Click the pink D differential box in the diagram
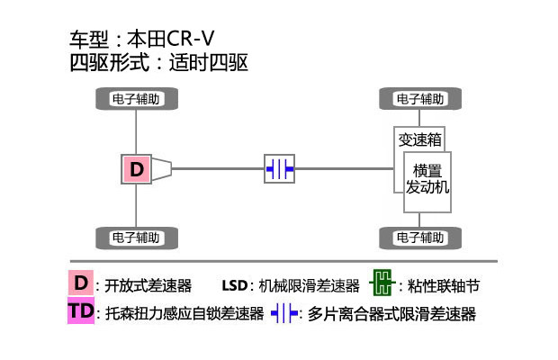(x=136, y=168)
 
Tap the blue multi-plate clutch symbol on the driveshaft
(x=279, y=168)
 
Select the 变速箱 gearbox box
(x=420, y=140)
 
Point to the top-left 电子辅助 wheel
(x=136, y=99)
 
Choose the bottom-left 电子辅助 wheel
(x=136, y=238)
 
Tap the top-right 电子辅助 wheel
(x=420, y=99)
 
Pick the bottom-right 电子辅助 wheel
(x=420, y=238)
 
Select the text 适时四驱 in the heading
(x=211, y=63)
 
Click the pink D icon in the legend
(x=81, y=283)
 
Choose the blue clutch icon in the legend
(x=284, y=313)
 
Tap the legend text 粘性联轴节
(x=444, y=286)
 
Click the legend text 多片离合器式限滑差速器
(x=391, y=314)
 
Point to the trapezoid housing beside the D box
(x=161, y=168)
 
